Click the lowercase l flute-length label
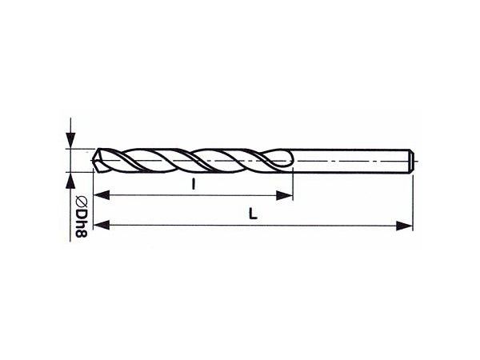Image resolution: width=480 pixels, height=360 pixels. tap(193, 184)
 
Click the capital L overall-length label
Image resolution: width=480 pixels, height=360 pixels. tap(253, 214)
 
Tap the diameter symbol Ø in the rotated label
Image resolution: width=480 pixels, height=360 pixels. tap(82, 202)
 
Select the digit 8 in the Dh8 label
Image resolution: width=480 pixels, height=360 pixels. tap(82, 234)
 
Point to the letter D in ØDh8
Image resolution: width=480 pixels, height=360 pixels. tap(82, 214)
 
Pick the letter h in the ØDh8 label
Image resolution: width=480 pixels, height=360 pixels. tap(82, 223)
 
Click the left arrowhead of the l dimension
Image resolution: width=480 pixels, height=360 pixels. tap(102, 195)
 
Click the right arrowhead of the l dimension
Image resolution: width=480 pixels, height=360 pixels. tap(284, 195)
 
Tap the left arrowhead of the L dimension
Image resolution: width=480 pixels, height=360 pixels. tap(102, 225)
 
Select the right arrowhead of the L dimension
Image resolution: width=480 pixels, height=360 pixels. tap(404, 226)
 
